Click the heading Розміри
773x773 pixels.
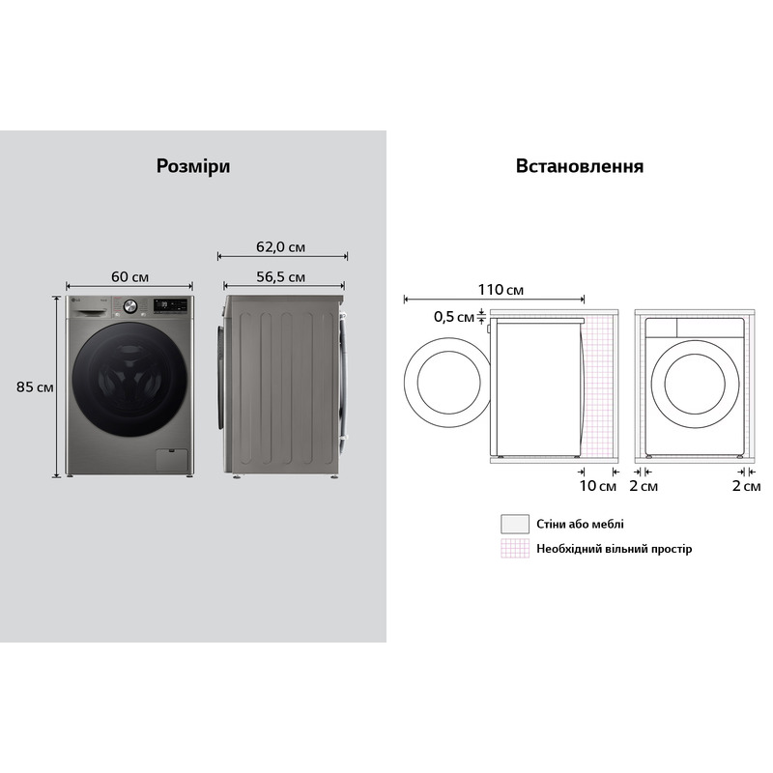coord(193,166)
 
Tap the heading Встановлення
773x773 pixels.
coord(579,166)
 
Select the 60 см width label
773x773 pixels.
coord(129,276)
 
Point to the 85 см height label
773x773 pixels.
coord(35,386)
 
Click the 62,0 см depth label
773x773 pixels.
coord(280,246)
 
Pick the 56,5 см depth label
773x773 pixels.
coord(280,276)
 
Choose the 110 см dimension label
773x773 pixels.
coord(501,289)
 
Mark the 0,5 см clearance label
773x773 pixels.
coord(453,317)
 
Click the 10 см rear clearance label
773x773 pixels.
coord(597,486)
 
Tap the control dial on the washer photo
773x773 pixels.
coord(130,306)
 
